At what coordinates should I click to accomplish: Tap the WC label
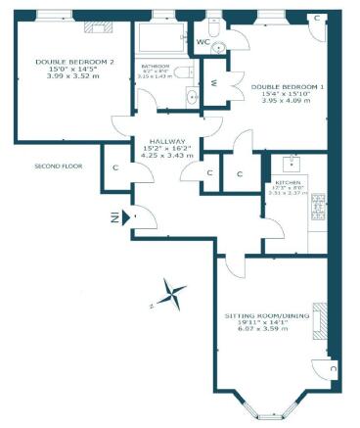click(x=202, y=43)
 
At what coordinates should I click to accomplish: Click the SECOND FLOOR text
click(x=59, y=166)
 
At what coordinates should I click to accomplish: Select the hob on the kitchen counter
click(x=317, y=206)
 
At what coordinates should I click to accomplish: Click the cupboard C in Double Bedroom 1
click(x=318, y=19)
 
